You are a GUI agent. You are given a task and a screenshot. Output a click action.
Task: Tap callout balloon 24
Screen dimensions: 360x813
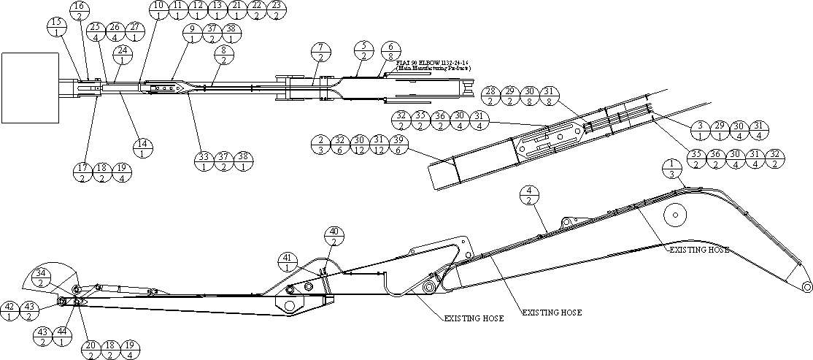122,55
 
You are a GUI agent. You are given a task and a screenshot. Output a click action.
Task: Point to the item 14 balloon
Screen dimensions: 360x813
142,148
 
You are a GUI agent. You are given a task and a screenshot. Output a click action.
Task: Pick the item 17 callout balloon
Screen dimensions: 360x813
83,172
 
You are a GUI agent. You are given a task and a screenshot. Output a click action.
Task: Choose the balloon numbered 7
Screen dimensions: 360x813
320,53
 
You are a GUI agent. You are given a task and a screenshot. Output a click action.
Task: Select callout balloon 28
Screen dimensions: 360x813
491,96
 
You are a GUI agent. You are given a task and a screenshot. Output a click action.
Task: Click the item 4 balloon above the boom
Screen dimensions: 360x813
531,196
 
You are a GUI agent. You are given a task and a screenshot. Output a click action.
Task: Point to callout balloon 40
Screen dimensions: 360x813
335,237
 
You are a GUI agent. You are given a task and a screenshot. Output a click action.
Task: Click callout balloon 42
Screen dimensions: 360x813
10,310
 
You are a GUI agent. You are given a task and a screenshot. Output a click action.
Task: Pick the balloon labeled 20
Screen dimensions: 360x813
91,350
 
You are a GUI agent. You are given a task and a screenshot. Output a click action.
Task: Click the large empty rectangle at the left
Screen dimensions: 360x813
30,88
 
